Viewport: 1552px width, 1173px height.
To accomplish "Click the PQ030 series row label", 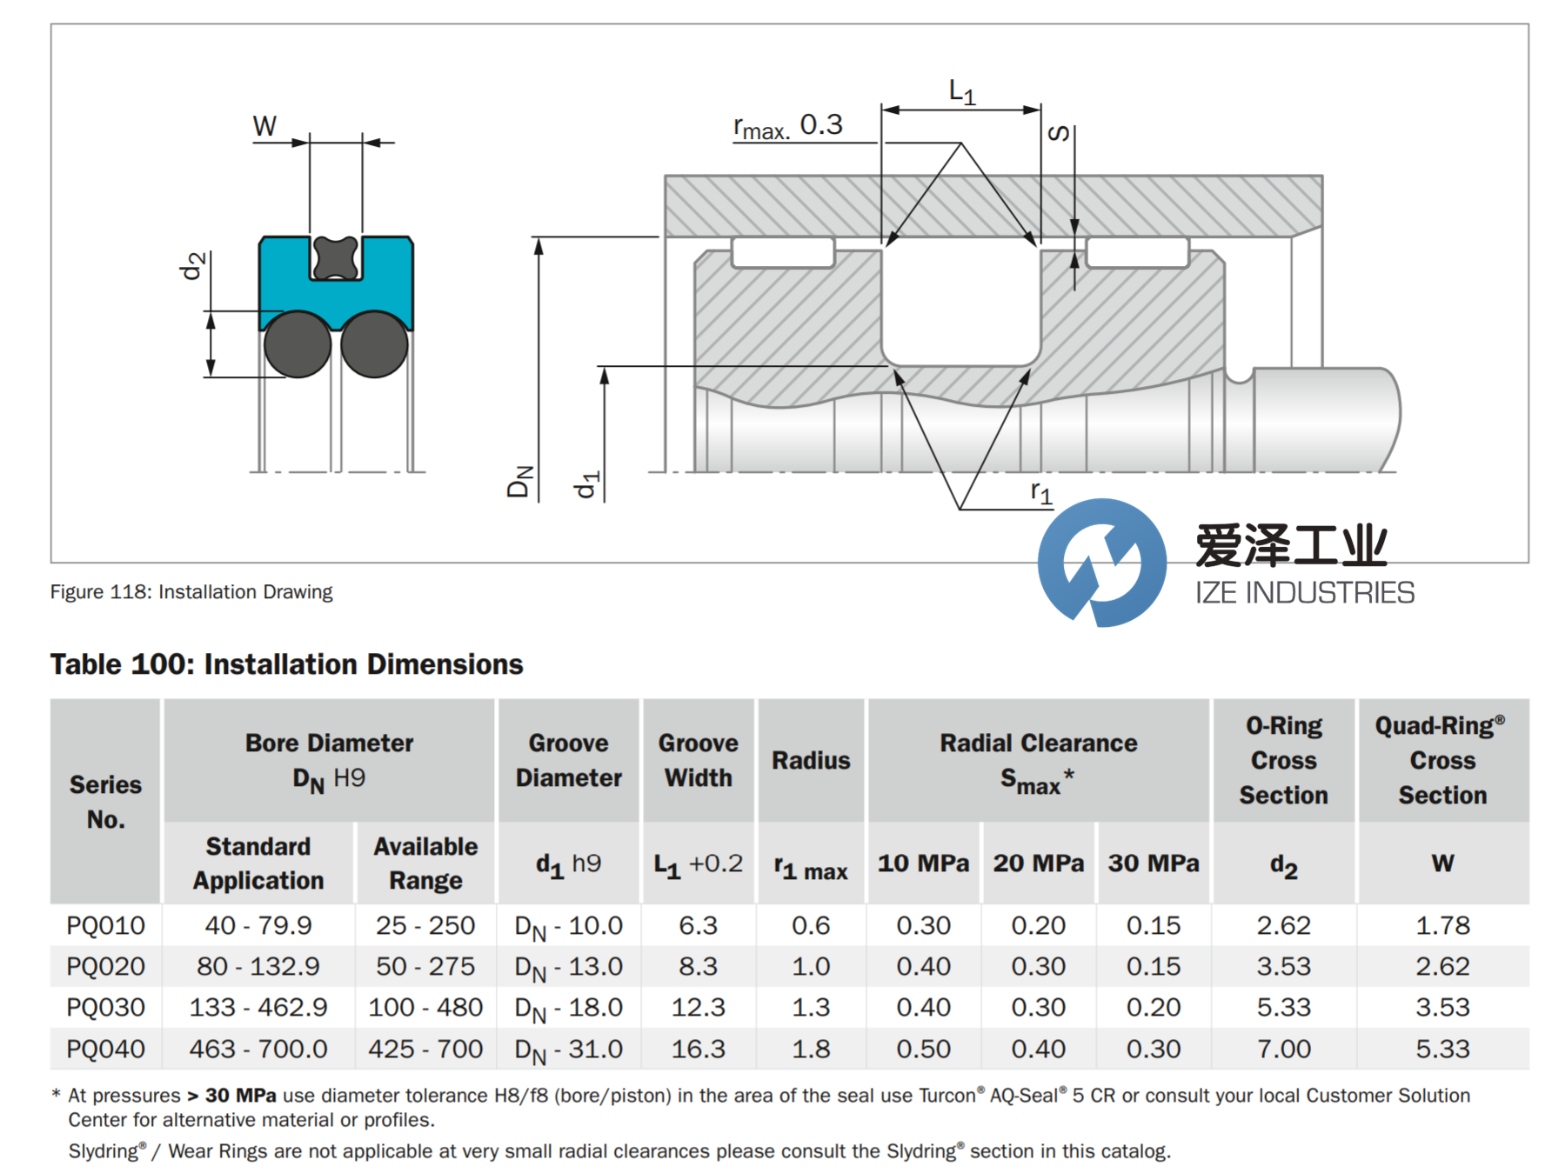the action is point(105,1007).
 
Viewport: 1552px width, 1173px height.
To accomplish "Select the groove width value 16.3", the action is point(698,1049).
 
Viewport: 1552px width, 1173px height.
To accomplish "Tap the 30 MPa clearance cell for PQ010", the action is point(1154,925).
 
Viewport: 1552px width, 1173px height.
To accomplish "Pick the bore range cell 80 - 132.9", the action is point(258,966).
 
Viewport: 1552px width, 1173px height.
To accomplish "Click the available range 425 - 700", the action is point(425,1049).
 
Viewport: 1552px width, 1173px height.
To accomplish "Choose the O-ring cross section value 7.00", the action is point(1283,1049).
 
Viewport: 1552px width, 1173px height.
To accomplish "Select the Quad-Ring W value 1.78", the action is point(1442,925).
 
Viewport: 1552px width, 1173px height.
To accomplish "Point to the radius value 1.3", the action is point(811,1007).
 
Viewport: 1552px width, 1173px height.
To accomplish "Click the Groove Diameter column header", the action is point(569,760).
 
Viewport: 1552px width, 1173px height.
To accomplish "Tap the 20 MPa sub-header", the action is point(1039,863).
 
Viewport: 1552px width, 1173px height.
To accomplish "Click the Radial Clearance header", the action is point(1039,761).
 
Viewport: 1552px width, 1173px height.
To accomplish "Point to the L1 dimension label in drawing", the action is point(962,91).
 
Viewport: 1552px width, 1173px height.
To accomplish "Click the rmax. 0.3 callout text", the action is point(788,126).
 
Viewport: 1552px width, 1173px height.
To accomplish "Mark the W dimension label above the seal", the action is point(264,126).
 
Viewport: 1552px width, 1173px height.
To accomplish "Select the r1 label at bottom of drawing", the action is point(1041,493).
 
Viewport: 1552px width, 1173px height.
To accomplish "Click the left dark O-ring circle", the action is point(298,344).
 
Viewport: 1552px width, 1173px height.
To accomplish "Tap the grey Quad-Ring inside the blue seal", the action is point(335,257).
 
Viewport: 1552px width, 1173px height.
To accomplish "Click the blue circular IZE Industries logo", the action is point(1102,563).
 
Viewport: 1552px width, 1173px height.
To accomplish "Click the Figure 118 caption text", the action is point(191,592).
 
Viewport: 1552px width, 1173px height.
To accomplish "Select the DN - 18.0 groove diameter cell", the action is point(569,1008).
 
